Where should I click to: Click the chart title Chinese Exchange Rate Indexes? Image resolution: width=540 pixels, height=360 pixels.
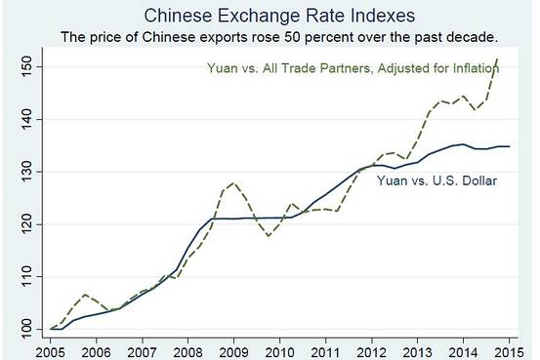[x=270, y=17]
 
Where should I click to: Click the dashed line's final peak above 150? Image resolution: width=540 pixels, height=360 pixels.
[x=497, y=59]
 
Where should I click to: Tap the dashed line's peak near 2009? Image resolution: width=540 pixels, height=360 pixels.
[x=232, y=182]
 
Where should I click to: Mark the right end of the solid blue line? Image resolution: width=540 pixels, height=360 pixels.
[x=508, y=146]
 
